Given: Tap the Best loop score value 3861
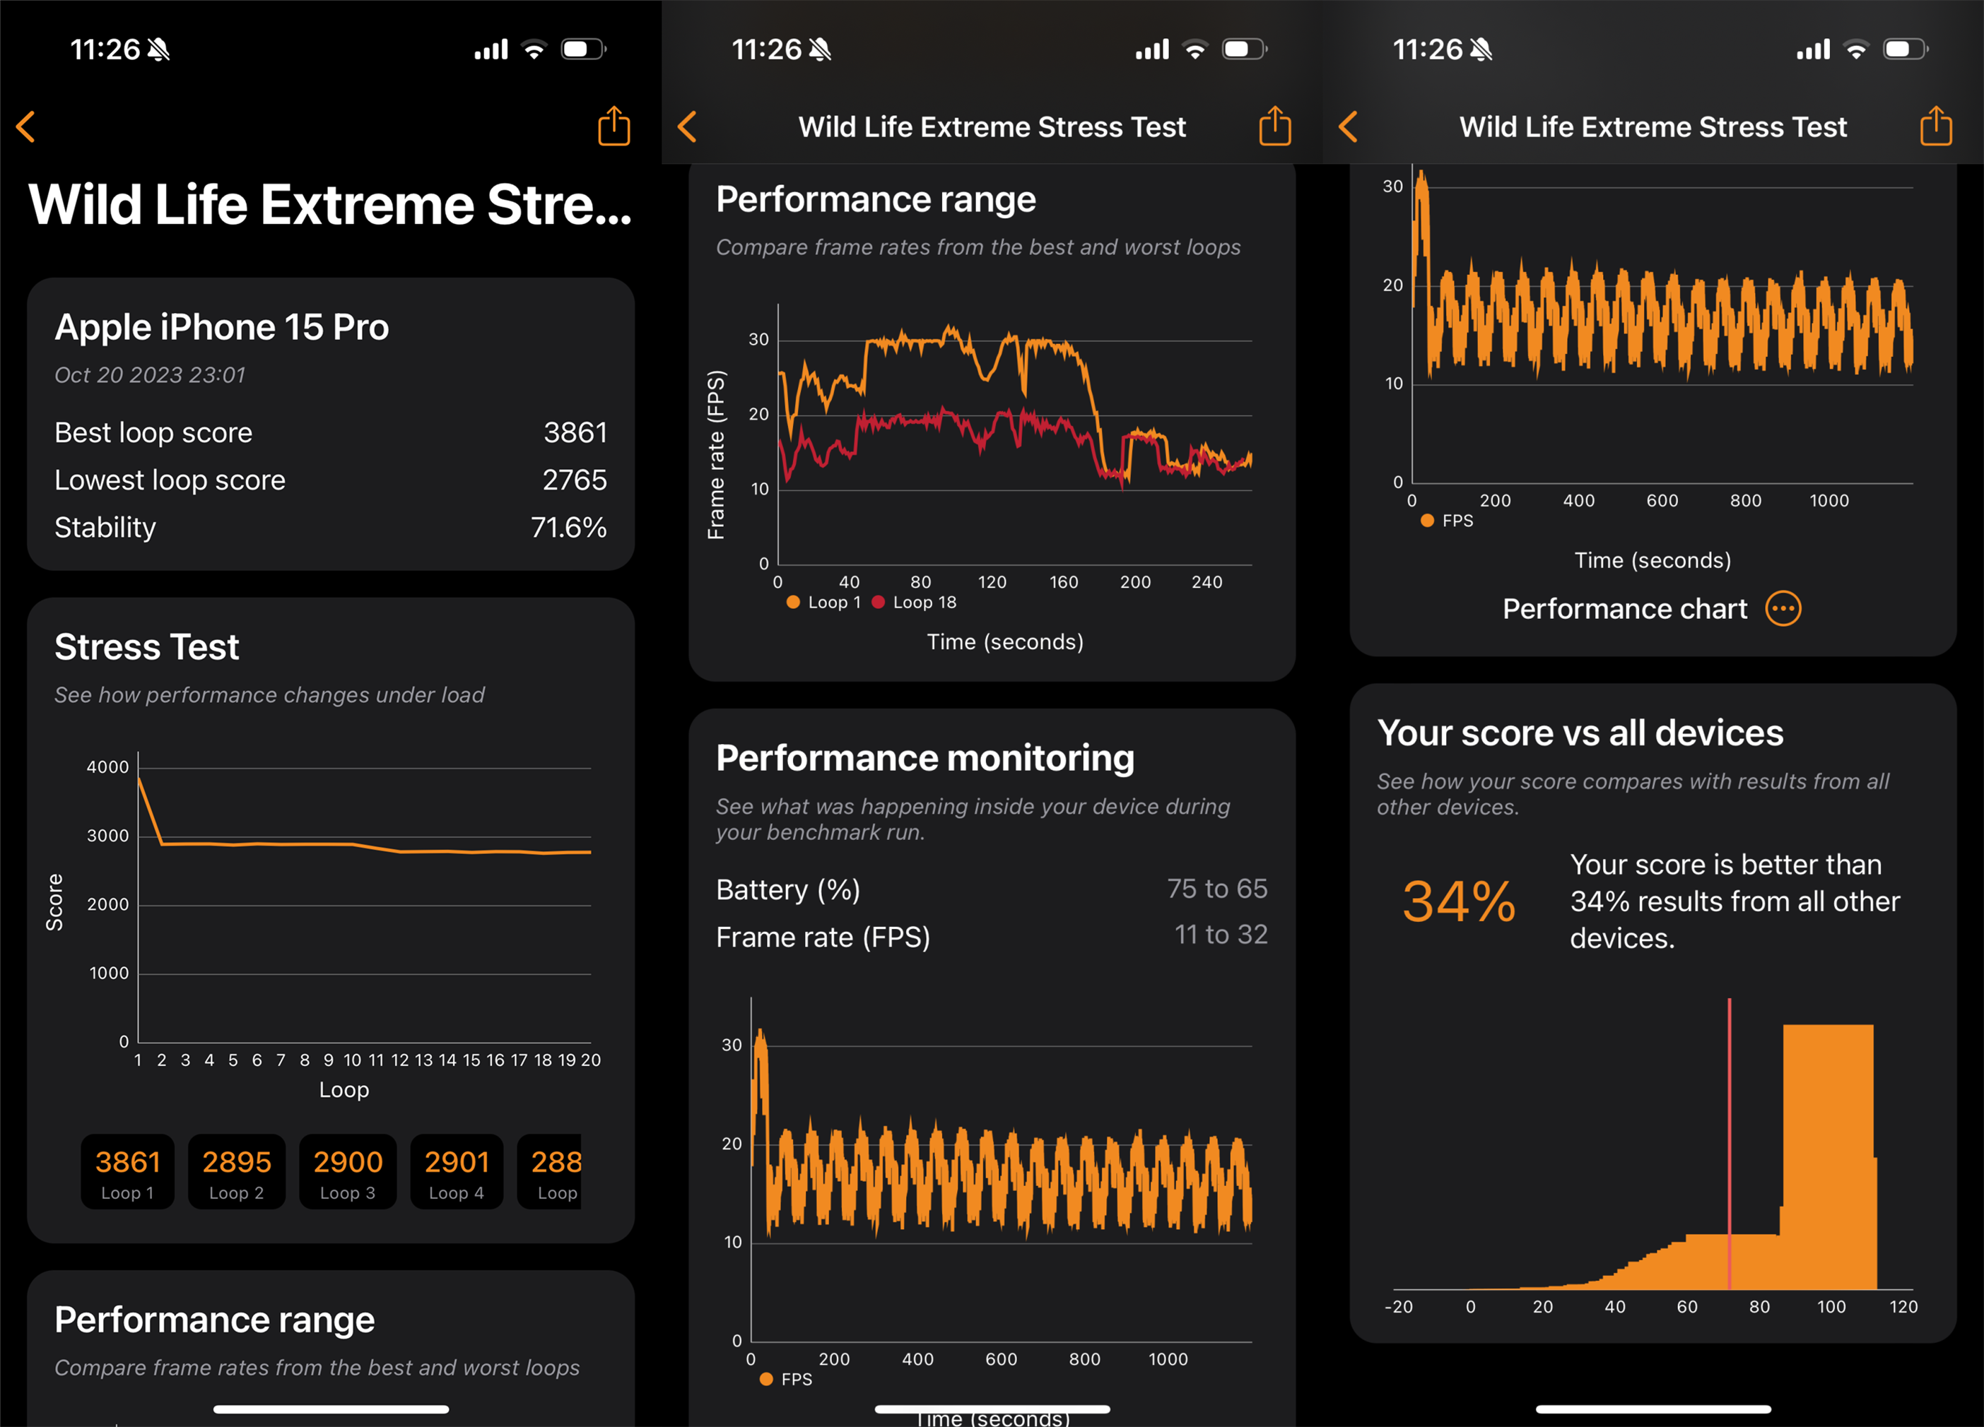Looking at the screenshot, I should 575,433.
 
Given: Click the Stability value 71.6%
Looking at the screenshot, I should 568,527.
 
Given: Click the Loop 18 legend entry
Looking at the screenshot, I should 915,603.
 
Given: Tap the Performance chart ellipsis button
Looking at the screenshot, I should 1783,608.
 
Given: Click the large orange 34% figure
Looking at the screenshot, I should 1458,901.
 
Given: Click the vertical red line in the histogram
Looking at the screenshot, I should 1730,1137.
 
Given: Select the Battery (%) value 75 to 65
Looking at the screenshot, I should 1217,889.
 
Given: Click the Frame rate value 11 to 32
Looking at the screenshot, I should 1221,935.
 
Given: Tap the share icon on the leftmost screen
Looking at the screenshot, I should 614,126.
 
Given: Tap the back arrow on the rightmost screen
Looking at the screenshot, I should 1348,126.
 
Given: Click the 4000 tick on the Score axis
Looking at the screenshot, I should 107,767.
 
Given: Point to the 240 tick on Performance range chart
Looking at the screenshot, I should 1207,582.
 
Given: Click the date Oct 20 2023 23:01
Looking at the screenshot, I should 150,375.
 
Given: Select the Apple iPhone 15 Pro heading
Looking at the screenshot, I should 221,327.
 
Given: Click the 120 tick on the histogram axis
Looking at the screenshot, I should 1903,1306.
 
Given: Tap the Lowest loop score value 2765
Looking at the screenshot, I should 574,480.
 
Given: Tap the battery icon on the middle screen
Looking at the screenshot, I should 1243,49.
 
